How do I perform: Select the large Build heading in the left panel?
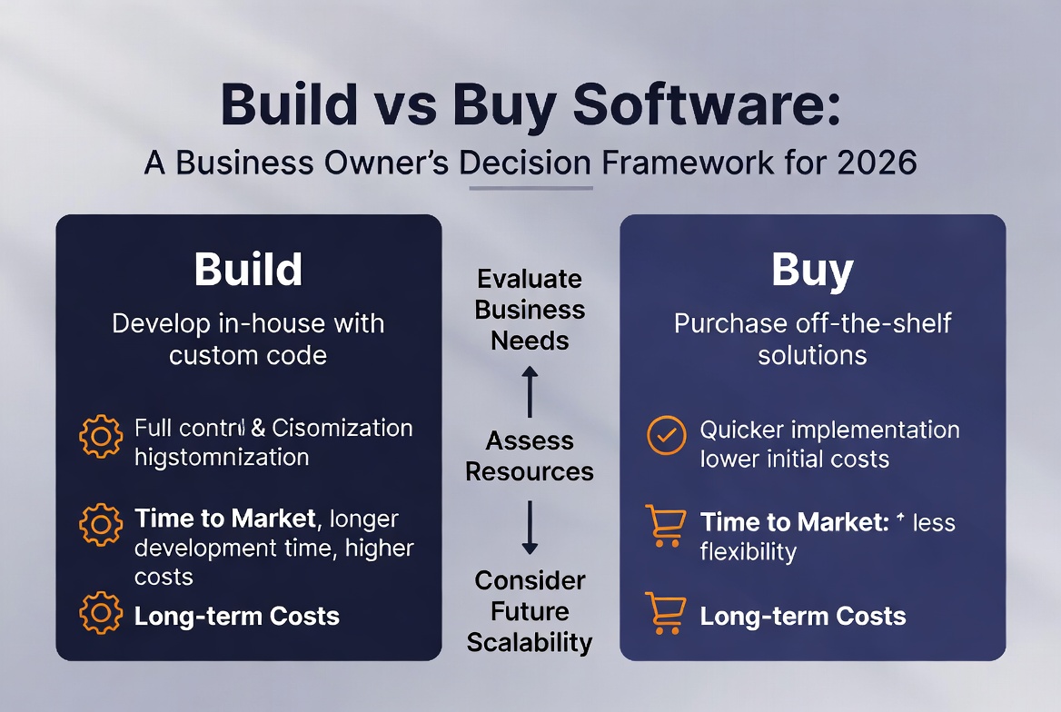click(248, 270)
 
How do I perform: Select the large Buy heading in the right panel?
click(812, 270)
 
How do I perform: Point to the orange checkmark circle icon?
click(666, 435)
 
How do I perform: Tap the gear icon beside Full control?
click(101, 436)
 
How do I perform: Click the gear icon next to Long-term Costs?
click(101, 613)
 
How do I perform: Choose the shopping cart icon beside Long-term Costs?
click(664, 613)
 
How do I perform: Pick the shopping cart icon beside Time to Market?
click(664, 526)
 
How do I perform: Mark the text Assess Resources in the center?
click(530, 456)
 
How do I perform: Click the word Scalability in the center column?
click(530, 642)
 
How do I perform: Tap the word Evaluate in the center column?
click(530, 279)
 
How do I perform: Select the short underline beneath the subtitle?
click(530, 188)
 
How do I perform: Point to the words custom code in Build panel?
click(248, 354)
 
